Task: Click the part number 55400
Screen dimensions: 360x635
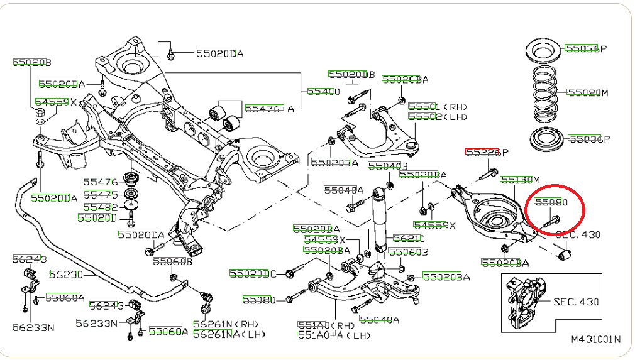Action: pos(323,92)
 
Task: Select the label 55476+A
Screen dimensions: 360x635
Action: pos(270,108)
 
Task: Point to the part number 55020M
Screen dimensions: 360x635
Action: pos(588,92)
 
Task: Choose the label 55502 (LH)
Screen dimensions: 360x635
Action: pos(437,117)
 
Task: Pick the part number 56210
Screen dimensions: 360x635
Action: pos(409,239)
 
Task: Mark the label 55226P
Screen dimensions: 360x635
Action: pos(486,153)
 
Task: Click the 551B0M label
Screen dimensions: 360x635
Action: pos(520,180)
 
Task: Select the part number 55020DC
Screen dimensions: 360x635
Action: pos(253,273)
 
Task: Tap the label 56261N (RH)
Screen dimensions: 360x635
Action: pos(219,324)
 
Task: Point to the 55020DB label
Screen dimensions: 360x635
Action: pos(351,75)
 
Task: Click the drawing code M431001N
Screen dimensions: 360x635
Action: pos(595,339)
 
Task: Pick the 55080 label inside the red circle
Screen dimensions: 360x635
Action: pos(551,203)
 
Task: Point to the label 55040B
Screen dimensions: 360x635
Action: pos(384,166)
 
